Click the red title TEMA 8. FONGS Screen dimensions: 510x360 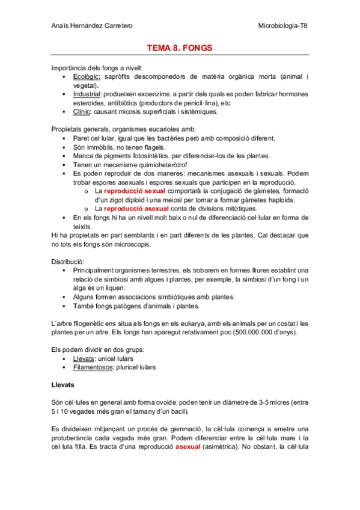click(x=180, y=48)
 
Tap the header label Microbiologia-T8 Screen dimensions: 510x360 click(x=282, y=25)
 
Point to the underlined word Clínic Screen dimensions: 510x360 click(x=83, y=111)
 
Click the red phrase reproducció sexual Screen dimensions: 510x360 click(x=130, y=191)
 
